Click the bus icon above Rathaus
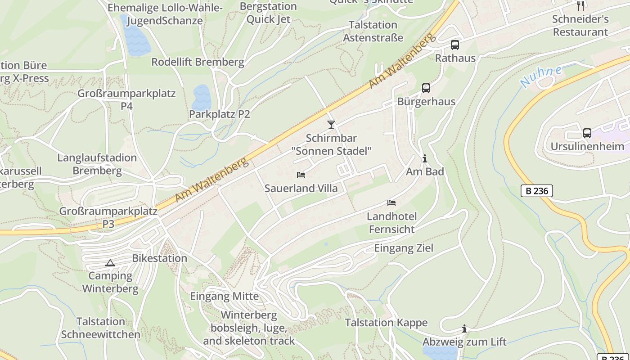click(455, 45)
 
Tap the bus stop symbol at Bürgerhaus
click(426, 88)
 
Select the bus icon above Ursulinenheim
click(587, 133)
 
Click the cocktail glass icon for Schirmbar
click(331, 125)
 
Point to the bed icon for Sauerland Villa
click(301, 175)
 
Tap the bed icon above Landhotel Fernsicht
click(391, 203)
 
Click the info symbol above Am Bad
click(424, 158)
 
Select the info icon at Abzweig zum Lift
click(464, 329)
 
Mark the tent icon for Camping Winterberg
click(110, 263)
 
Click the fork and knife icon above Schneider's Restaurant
click(580, 5)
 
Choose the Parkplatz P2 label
click(219, 114)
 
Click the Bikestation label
click(159, 258)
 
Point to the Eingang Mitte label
click(224, 296)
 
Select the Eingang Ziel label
click(404, 248)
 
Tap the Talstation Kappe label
click(386, 323)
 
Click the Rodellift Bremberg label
click(198, 62)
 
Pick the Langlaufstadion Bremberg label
click(97, 164)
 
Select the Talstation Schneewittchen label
click(100, 328)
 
